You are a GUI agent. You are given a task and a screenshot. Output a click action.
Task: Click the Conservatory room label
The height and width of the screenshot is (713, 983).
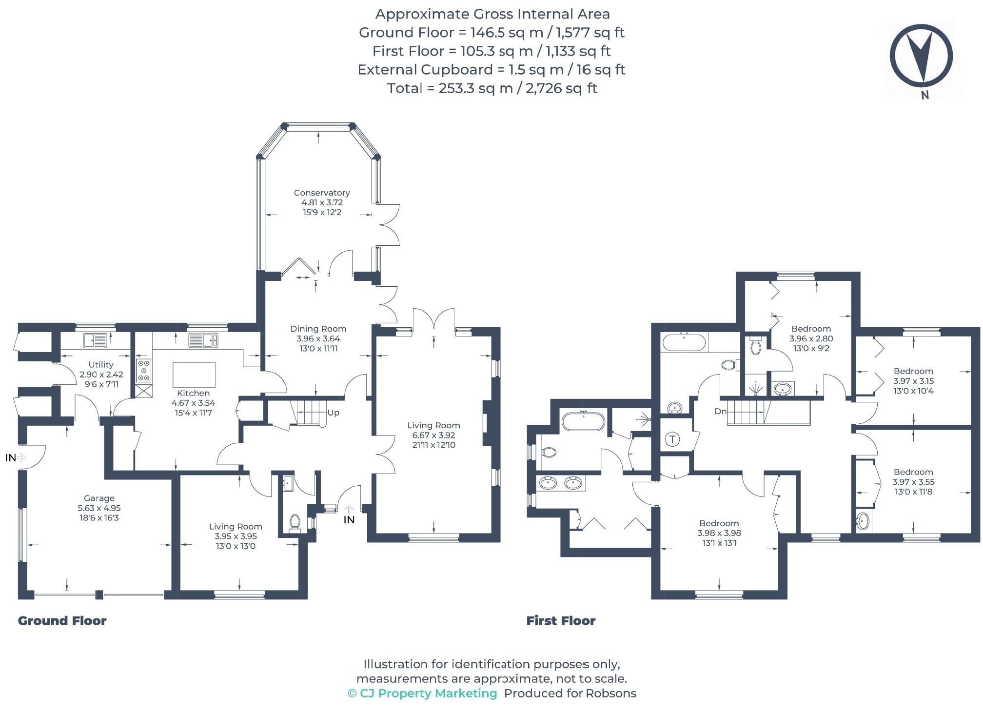(x=321, y=193)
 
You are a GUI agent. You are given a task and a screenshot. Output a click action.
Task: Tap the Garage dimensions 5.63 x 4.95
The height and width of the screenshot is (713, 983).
(x=99, y=508)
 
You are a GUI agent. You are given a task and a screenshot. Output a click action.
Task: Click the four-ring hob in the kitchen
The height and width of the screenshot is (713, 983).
(x=144, y=371)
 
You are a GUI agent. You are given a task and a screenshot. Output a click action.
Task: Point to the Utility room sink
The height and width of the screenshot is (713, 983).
(x=95, y=340)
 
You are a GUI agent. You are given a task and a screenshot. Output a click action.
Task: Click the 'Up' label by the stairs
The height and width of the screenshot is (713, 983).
(x=333, y=413)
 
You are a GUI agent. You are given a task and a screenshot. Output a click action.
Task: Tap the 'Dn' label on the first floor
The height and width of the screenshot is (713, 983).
(x=720, y=411)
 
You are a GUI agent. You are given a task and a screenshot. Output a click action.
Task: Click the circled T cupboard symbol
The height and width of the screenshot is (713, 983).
(x=673, y=439)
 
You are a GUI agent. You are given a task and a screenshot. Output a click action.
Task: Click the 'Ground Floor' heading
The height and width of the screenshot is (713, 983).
(x=62, y=621)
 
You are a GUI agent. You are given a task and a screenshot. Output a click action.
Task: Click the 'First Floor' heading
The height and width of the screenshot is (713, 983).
(x=561, y=621)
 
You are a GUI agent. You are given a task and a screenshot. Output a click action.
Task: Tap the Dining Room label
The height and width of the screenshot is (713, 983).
(x=318, y=329)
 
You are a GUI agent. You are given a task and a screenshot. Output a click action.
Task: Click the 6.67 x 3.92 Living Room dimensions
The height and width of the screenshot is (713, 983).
(x=433, y=435)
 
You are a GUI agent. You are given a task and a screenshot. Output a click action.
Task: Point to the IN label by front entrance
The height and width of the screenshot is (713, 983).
(x=349, y=520)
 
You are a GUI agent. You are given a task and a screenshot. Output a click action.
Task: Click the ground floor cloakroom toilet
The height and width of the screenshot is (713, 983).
(x=295, y=522)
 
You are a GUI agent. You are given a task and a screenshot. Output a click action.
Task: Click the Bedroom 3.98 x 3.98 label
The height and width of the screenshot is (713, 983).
(x=719, y=523)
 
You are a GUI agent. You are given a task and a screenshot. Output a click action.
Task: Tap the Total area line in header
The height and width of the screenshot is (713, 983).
(x=491, y=88)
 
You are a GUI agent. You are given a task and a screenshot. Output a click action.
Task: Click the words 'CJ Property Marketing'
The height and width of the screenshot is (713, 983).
(x=428, y=693)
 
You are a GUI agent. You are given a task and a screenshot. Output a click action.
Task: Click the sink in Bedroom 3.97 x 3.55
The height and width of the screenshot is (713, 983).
(x=863, y=521)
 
